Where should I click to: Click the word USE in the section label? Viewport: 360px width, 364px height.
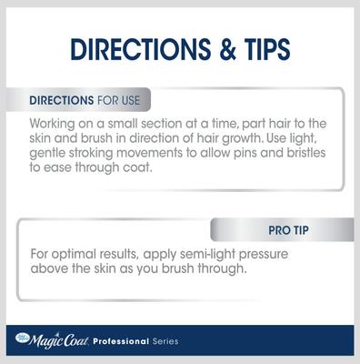(x=128, y=99)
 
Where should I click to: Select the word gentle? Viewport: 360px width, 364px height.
(x=51, y=153)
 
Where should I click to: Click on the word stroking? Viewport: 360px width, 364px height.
(x=102, y=153)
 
